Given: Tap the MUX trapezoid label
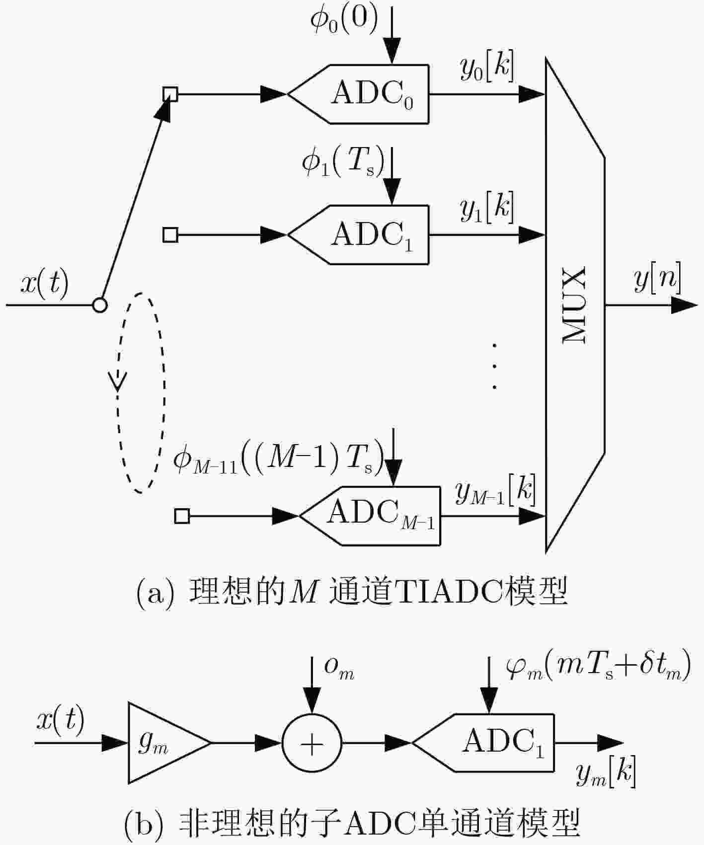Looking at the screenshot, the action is click(x=574, y=305).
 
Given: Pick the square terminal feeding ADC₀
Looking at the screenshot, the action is click(x=170, y=94).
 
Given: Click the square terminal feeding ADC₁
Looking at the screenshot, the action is click(x=170, y=234).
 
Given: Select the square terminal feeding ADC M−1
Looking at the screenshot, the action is click(x=182, y=516).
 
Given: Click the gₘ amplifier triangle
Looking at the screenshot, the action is click(x=169, y=743).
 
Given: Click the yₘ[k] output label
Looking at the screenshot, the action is click(x=606, y=773).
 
